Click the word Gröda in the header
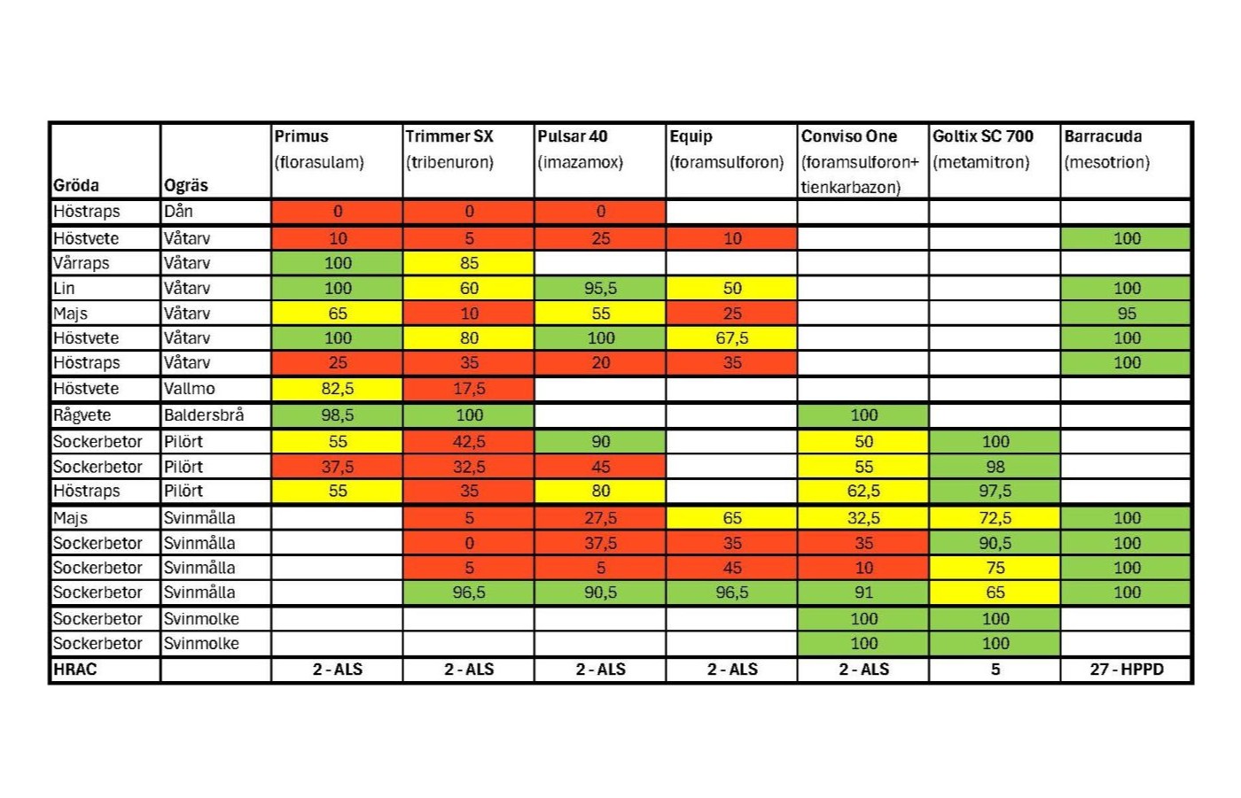point(76,185)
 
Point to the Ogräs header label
point(186,185)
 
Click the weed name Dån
point(178,211)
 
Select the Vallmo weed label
point(190,389)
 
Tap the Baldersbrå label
point(204,415)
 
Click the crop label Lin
point(64,289)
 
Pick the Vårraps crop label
point(82,263)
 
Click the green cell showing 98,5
point(337,415)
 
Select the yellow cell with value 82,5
point(337,389)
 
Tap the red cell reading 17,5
point(469,389)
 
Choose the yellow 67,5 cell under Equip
point(732,338)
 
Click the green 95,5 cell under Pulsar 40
point(601,289)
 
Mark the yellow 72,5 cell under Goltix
point(995,518)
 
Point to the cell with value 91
point(863,593)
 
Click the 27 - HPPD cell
point(1127,670)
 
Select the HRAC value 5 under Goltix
point(995,670)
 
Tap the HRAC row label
point(74,670)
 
